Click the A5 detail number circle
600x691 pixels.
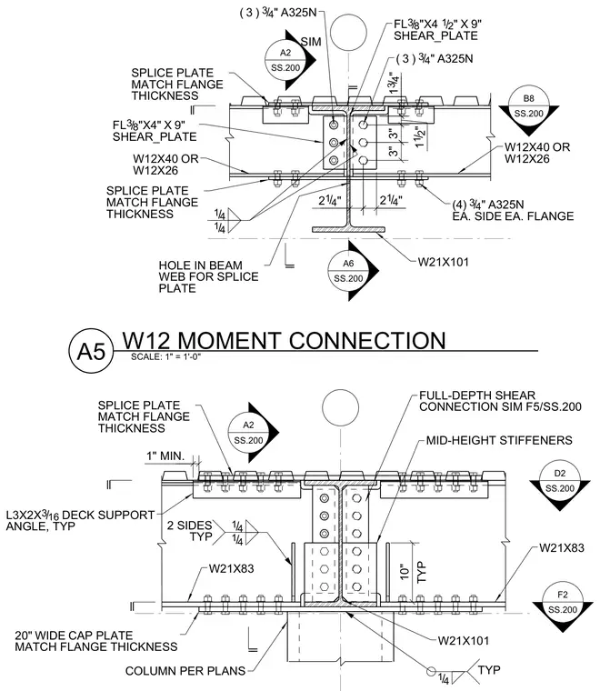(x=91, y=351)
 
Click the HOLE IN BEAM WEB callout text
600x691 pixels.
(x=208, y=276)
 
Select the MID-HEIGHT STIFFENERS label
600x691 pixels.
(x=499, y=440)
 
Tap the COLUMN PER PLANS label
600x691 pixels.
(x=185, y=671)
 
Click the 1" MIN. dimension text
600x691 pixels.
(x=165, y=456)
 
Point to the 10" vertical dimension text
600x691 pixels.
(x=405, y=572)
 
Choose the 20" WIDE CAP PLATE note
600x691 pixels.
(x=96, y=641)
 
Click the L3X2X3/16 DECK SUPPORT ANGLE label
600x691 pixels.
(x=80, y=520)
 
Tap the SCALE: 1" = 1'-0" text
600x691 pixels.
(x=165, y=356)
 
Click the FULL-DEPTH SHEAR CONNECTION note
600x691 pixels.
(x=500, y=401)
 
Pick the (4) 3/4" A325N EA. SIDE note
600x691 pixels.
(x=513, y=210)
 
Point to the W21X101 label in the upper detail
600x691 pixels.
(x=443, y=262)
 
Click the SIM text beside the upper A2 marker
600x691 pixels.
(x=311, y=42)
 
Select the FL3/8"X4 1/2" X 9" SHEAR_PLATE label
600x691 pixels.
(x=437, y=30)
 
